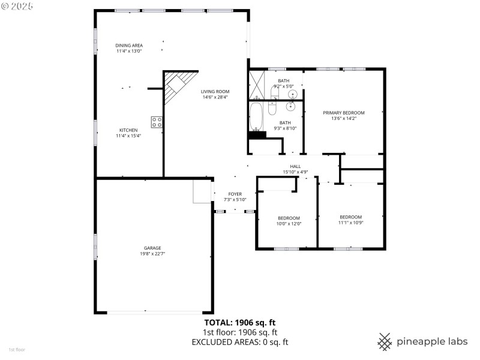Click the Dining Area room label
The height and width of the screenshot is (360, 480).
click(x=129, y=46)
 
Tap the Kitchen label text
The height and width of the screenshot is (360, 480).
click(x=128, y=130)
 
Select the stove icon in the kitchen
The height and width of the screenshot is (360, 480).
click(x=157, y=122)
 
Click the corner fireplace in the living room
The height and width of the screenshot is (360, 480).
click(x=178, y=86)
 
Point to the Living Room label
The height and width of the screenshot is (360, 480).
click(x=215, y=92)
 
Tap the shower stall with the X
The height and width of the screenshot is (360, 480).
click(x=257, y=84)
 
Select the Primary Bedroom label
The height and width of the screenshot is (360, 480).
click(x=343, y=113)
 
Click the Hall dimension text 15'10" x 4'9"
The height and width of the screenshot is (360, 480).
click(x=295, y=172)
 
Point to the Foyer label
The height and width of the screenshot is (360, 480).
click(x=235, y=194)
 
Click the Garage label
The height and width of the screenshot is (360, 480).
click(x=152, y=248)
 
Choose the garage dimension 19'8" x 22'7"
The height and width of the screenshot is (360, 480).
click(x=152, y=254)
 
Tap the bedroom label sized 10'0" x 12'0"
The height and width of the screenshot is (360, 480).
click(x=289, y=218)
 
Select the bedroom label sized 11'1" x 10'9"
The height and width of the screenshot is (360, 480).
click(x=350, y=217)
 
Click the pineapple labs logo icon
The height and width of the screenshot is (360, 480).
click(x=385, y=341)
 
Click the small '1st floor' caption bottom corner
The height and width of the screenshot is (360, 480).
click(x=16, y=349)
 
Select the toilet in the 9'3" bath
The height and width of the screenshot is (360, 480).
click(x=272, y=109)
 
